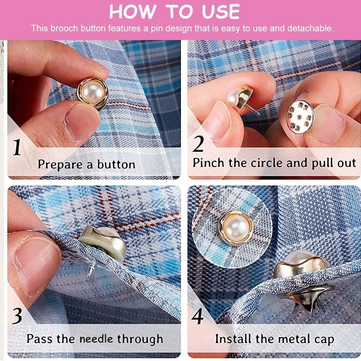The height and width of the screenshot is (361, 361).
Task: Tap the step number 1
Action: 17,147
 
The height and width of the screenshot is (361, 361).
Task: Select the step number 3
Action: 17,316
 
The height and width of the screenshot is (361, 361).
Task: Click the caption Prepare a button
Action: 86,164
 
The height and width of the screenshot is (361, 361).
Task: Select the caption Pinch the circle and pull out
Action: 274,163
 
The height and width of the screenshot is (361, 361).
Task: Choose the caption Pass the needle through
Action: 95,338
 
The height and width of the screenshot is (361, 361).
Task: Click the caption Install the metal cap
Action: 274,338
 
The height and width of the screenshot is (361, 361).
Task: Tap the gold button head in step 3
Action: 103,244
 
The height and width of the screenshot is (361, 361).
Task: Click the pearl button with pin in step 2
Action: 239,97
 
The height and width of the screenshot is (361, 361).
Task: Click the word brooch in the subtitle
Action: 63,28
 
